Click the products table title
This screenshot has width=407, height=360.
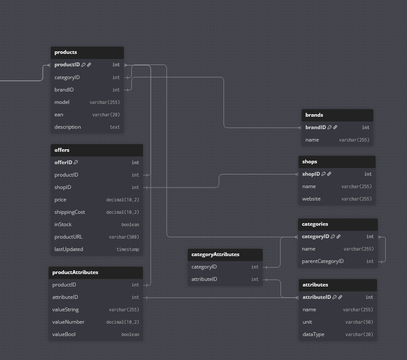(66, 52)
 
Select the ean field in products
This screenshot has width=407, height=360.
(59, 115)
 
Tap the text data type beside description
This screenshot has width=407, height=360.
(115, 127)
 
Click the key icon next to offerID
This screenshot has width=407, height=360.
(76, 162)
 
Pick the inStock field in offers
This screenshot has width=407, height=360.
(63, 224)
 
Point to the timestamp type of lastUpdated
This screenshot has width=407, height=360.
(128, 249)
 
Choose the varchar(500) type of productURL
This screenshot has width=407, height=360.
(124, 237)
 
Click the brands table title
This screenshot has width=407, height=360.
(314, 115)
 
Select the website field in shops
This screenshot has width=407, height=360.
(311, 199)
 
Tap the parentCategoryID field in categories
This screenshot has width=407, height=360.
(323, 261)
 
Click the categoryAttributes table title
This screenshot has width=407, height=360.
(215, 254)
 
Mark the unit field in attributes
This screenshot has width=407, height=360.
(307, 322)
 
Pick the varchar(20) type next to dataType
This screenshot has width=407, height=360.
(359, 334)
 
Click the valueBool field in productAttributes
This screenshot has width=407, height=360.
(64, 334)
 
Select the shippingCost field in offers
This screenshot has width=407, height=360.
(70, 212)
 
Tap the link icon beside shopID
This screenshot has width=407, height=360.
(329, 174)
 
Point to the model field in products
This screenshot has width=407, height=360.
(62, 102)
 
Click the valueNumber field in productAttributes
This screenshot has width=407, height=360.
(68, 322)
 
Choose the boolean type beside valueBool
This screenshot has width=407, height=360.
(130, 334)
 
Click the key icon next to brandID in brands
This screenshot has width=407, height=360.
(330, 127)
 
